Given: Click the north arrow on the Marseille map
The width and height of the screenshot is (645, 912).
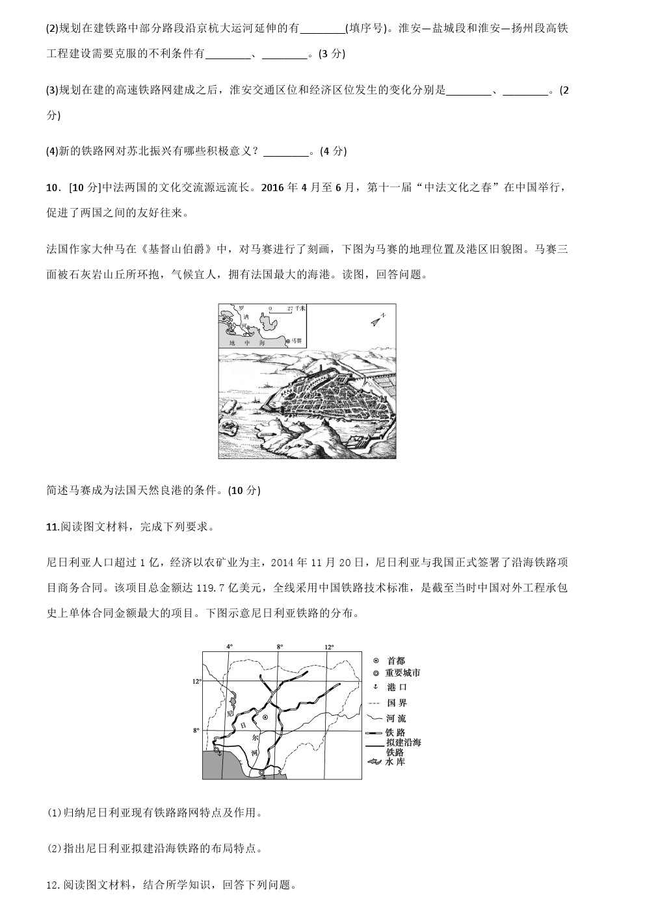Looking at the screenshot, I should pyautogui.click(x=378, y=319).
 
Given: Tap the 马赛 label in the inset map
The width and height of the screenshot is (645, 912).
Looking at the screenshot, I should pyautogui.click(x=296, y=340).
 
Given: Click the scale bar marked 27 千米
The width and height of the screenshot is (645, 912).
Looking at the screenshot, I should pyautogui.click(x=282, y=311).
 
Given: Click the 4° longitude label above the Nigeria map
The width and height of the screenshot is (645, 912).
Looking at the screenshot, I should pyautogui.click(x=229, y=646).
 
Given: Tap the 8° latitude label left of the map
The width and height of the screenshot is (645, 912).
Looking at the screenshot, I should pyautogui.click(x=196, y=731).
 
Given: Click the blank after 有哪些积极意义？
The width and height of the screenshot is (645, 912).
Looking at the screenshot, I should pyautogui.click(x=286, y=151).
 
